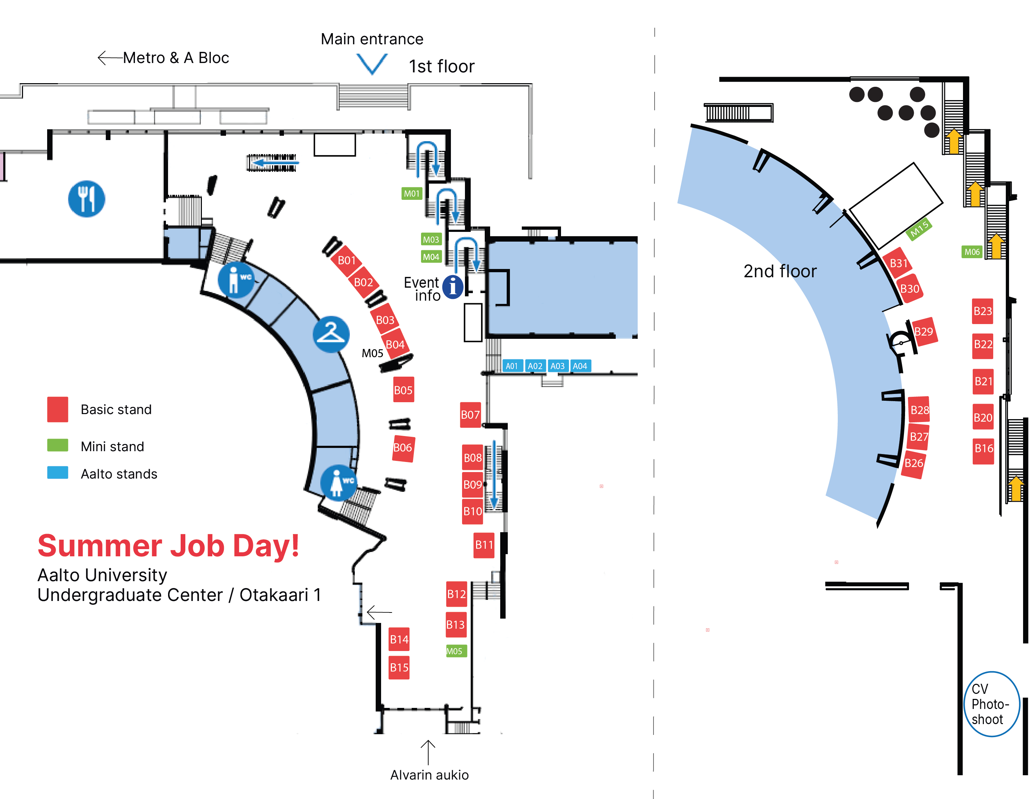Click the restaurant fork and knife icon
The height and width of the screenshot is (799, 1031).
86,199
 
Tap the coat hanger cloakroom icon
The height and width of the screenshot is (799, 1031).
331,334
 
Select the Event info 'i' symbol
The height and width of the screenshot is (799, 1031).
453,287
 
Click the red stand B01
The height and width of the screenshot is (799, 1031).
347,260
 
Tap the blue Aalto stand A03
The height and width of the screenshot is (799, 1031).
557,366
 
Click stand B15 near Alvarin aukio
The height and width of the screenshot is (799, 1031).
399,667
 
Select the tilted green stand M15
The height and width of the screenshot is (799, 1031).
919,229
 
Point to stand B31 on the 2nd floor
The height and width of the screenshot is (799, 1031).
898,263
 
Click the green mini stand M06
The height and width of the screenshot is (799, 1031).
972,252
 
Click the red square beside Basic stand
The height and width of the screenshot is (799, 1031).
58,409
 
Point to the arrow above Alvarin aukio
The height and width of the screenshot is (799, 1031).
428,752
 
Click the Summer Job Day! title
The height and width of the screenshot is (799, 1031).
168,546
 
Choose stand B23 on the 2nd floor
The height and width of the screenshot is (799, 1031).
982,311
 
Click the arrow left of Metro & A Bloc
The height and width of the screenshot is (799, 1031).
109,58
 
